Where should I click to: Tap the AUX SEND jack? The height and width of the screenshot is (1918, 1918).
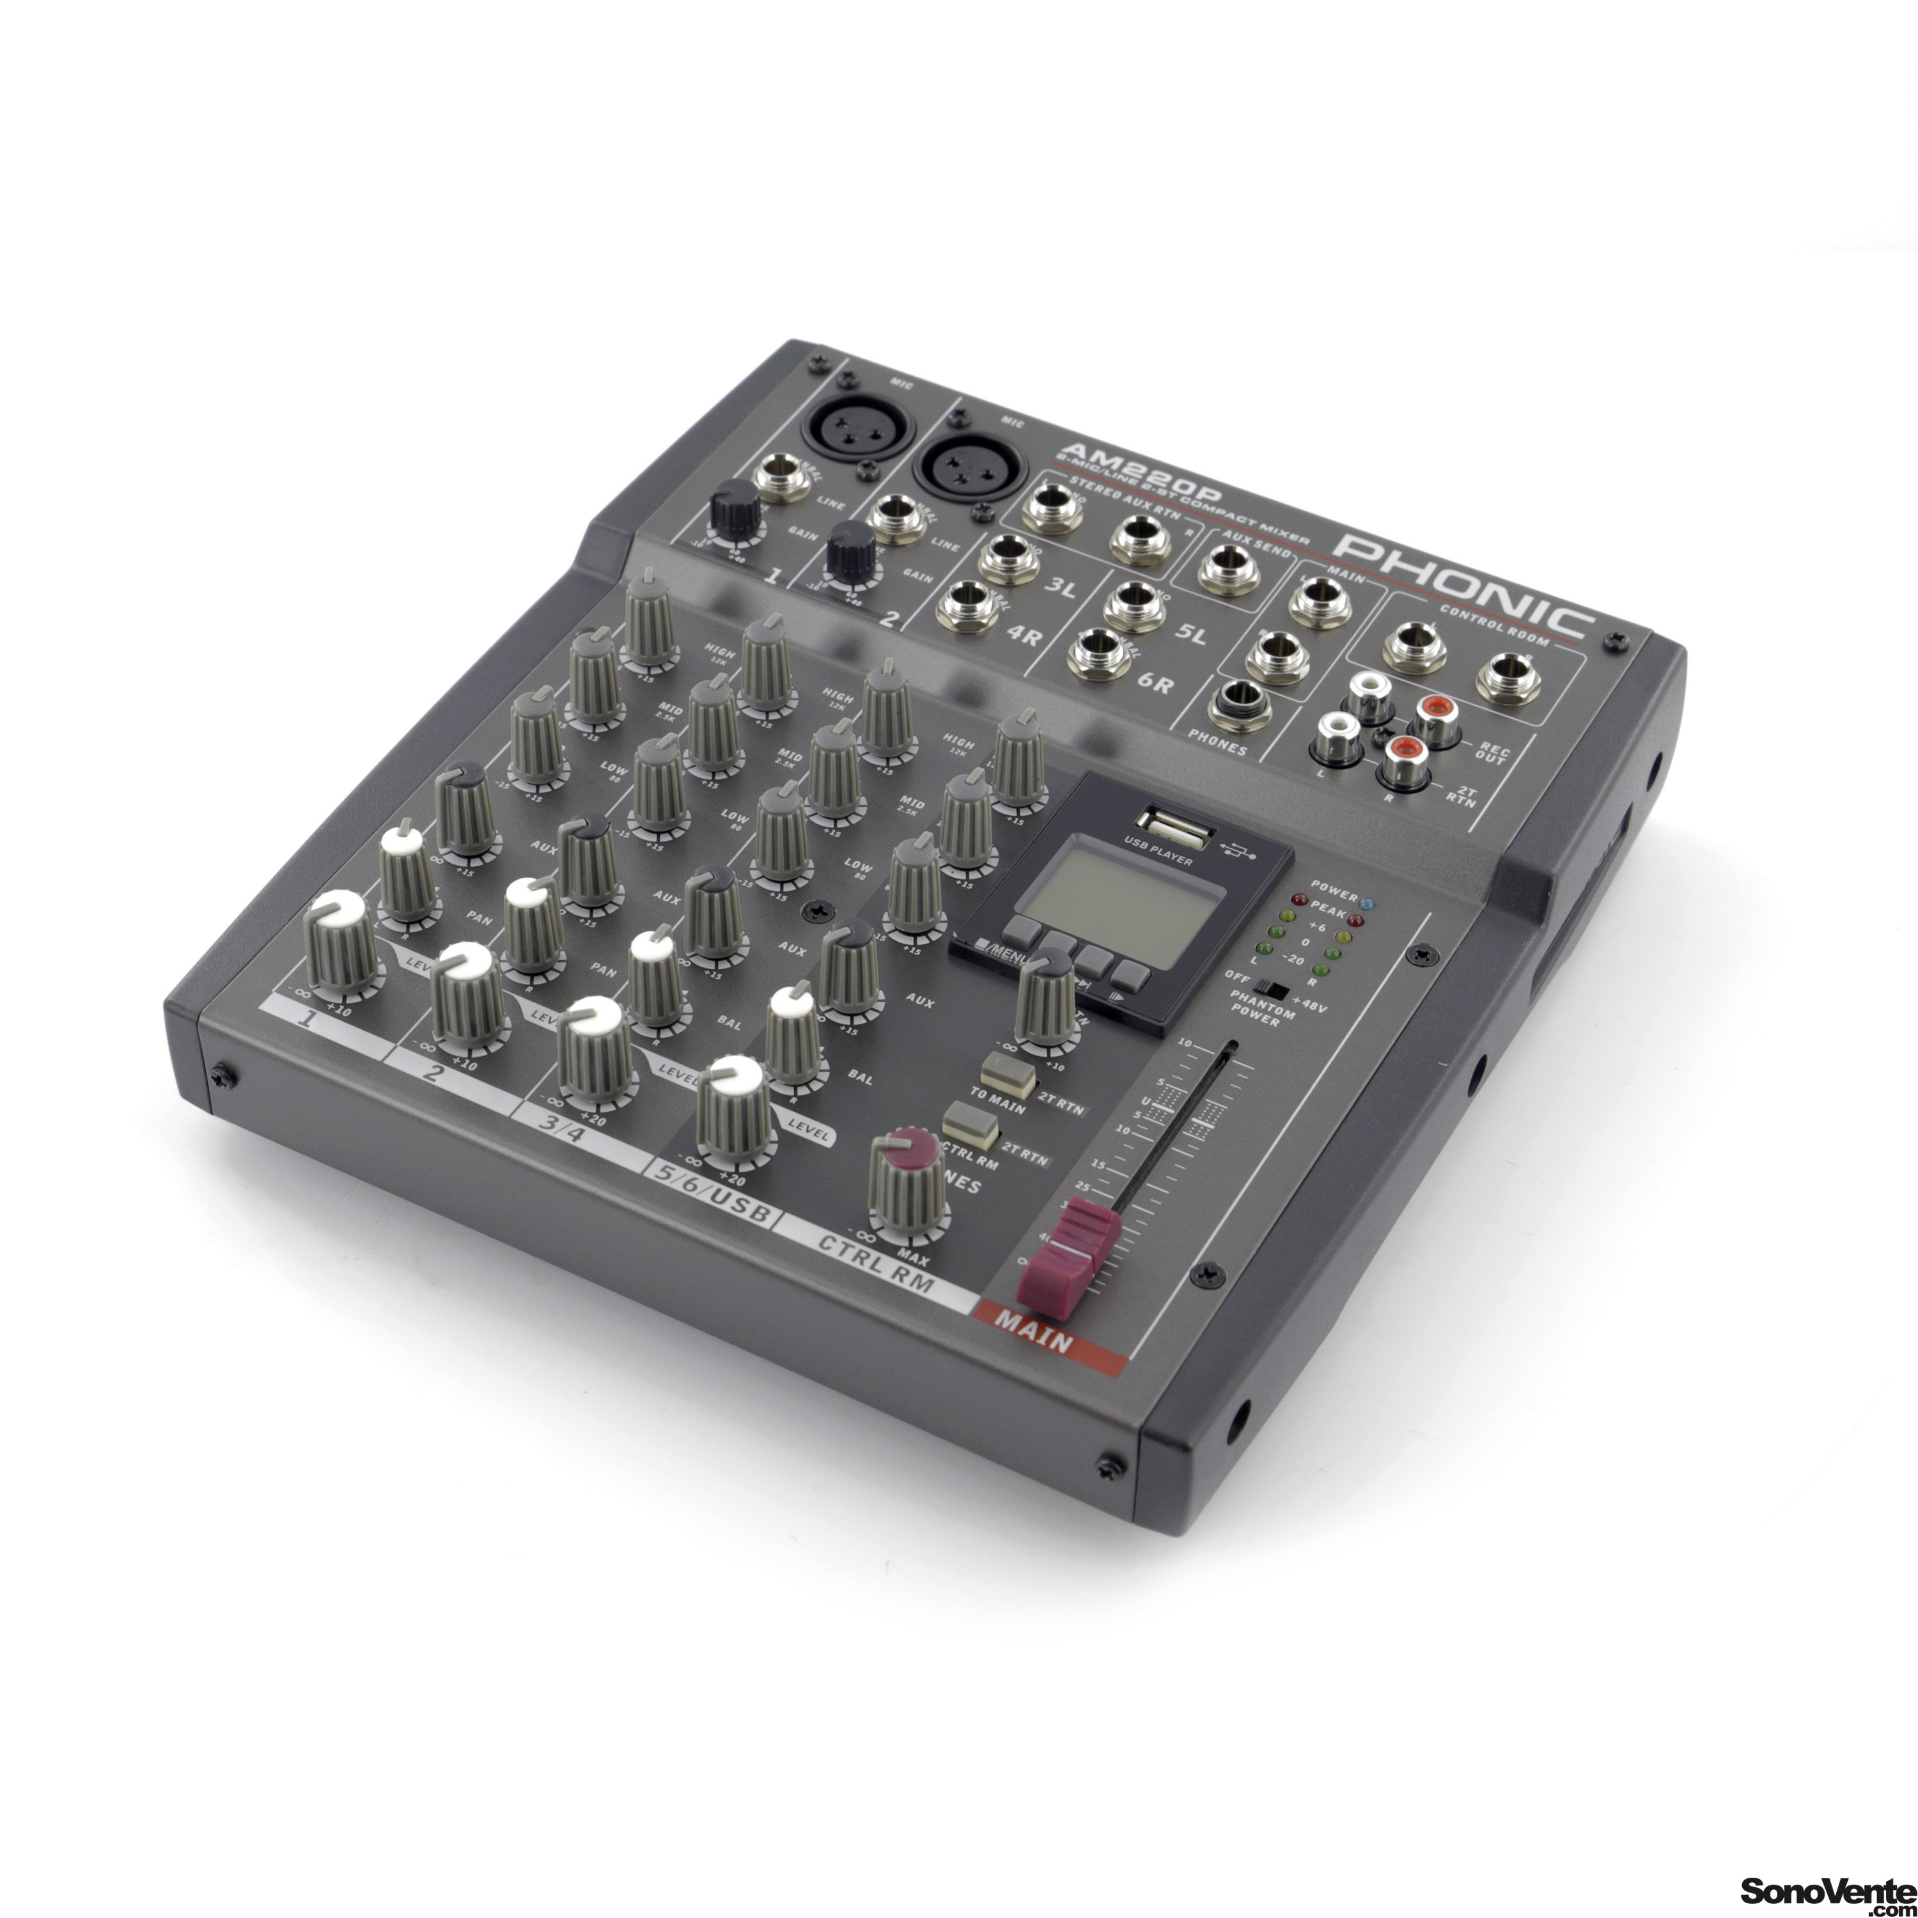point(1228,575)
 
